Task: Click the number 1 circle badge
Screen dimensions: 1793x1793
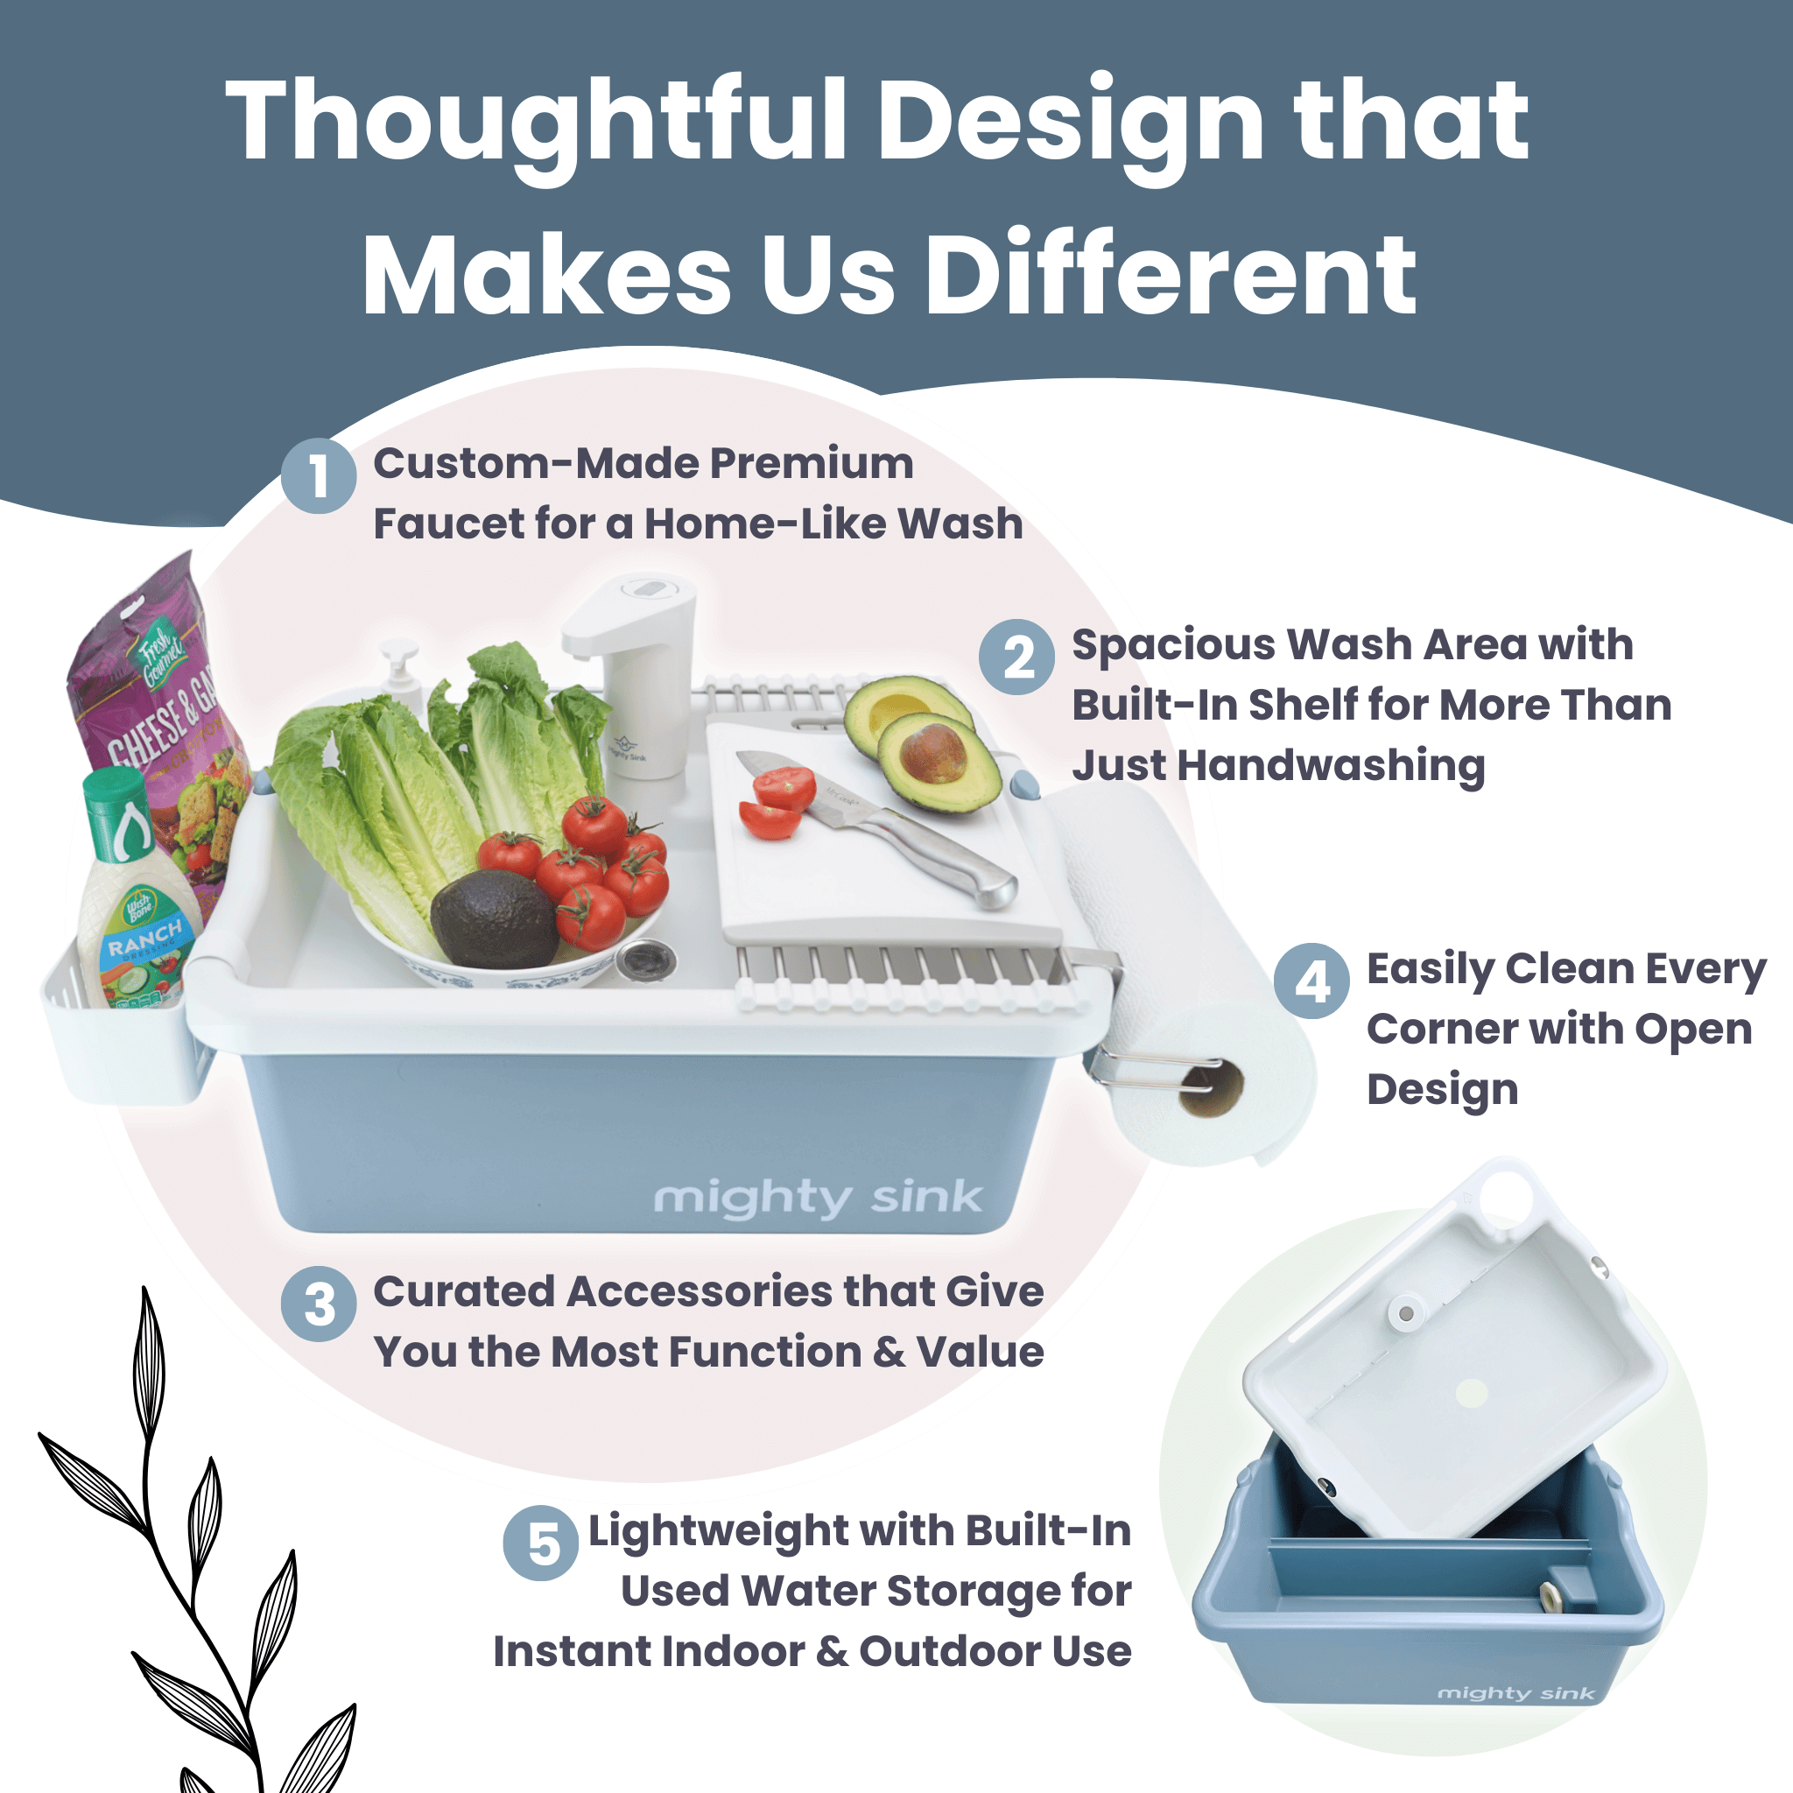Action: (319, 475)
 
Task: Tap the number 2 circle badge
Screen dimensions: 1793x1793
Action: (1017, 657)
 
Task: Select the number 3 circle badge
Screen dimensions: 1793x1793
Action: (319, 1304)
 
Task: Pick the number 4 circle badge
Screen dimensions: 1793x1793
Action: (1311, 981)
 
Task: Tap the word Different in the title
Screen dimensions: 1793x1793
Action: (1171, 275)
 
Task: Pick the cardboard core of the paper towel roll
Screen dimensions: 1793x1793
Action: (1211, 1091)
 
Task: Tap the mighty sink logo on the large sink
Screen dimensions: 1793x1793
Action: (818, 1197)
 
